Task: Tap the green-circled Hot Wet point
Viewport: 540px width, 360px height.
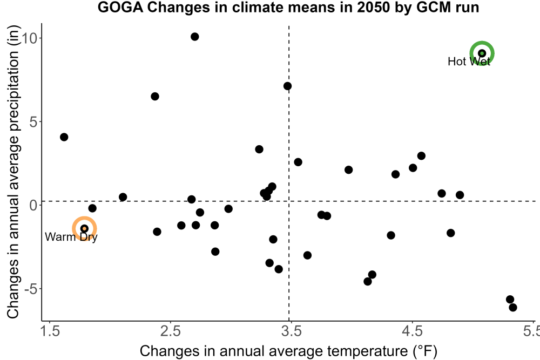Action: [x=482, y=53]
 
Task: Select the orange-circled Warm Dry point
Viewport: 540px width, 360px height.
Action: [x=84, y=228]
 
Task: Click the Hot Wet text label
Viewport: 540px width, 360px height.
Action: [x=469, y=62]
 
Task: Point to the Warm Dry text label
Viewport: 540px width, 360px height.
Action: [x=71, y=237]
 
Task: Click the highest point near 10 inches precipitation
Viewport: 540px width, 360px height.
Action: [x=194, y=37]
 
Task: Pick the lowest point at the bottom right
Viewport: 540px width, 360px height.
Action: [x=513, y=307]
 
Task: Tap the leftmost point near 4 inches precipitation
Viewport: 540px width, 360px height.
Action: [x=64, y=137]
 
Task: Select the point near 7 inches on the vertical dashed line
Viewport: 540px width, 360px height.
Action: [x=288, y=86]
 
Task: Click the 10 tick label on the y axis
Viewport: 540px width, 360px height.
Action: [x=29, y=38]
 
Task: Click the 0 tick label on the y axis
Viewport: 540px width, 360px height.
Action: [x=33, y=206]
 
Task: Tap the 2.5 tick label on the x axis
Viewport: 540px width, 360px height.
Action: [x=171, y=331]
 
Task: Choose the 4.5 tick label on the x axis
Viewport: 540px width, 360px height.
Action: [x=412, y=331]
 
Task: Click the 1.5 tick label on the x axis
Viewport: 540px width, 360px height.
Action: [x=50, y=331]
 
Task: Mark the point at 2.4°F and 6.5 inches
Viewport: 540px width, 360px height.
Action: [x=155, y=97]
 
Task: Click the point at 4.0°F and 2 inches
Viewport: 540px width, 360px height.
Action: [x=348, y=169]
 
